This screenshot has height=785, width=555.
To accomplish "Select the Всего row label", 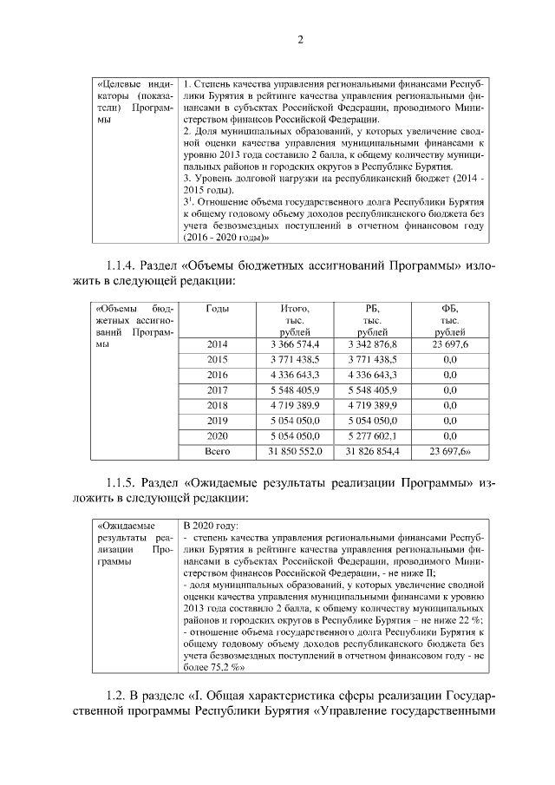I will point(217,451).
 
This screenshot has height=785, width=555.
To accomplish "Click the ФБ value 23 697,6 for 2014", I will point(449,345).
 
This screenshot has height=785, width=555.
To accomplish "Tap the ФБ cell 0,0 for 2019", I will point(449,421).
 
